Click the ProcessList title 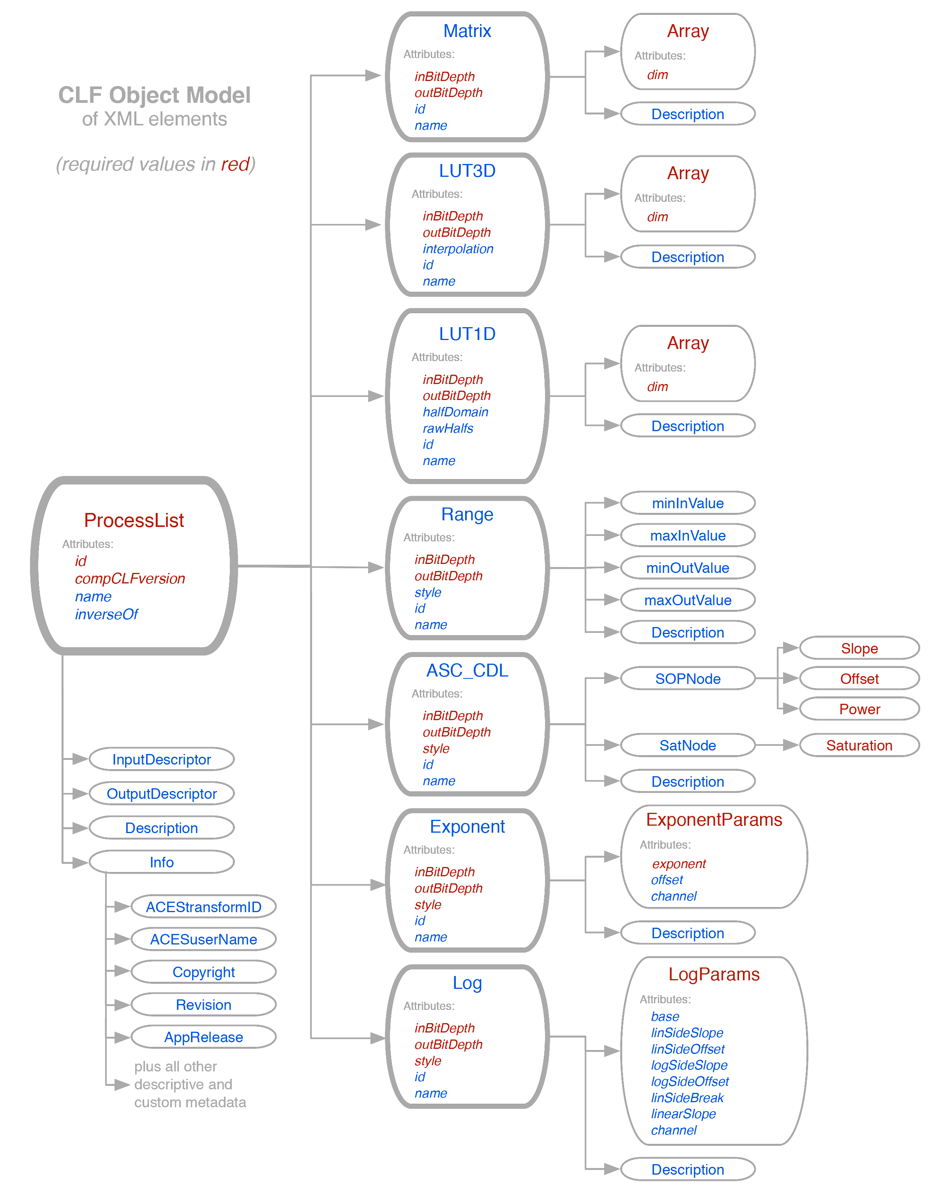(x=134, y=520)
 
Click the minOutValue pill (x=688, y=568)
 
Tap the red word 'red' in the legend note (x=235, y=164)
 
